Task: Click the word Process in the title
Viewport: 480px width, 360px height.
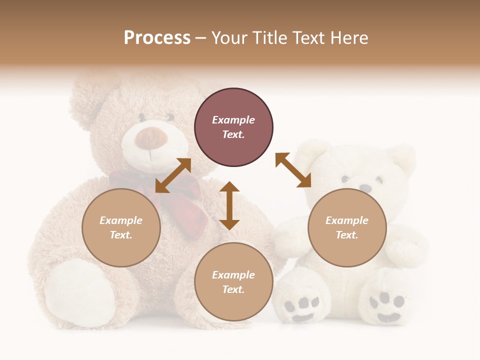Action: tap(157, 38)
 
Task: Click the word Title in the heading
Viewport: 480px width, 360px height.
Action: tap(269, 38)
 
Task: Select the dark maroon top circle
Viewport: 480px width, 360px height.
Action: tap(233, 127)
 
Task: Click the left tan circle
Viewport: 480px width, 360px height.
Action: tap(121, 227)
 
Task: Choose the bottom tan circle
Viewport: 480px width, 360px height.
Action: tap(233, 282)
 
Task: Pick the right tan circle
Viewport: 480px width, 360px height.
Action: tap(347, 227)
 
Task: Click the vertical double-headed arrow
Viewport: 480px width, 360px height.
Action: tap(229, 205)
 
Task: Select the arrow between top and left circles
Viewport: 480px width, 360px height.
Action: tap(173, 175)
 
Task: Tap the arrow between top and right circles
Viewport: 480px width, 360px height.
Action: tap(293, 170)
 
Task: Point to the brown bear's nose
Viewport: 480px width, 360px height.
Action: tap(150, 138)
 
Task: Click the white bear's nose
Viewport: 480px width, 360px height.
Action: tap(366, 188)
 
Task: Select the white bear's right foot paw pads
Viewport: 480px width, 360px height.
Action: tap(388, 305)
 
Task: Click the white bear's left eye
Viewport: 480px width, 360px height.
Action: tap(345, 178)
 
